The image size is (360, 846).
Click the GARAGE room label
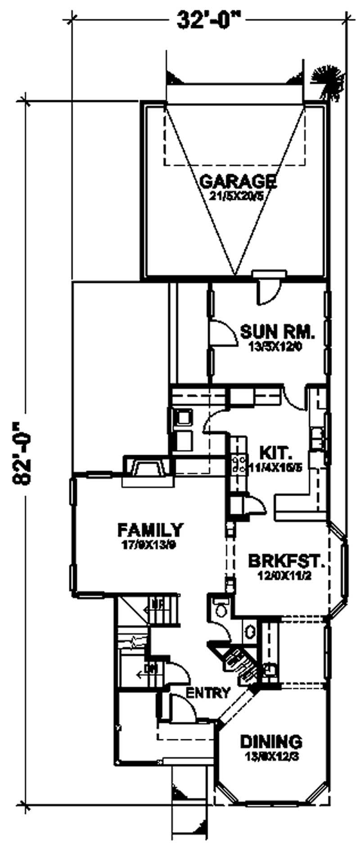pos(238,182)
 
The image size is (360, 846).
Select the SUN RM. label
pos(277,331)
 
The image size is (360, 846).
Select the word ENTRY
pos(208,693)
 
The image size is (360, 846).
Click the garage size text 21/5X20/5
pos(235,196)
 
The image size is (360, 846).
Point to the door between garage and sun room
pos(268,289)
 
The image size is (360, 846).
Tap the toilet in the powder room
pos(221,611)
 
